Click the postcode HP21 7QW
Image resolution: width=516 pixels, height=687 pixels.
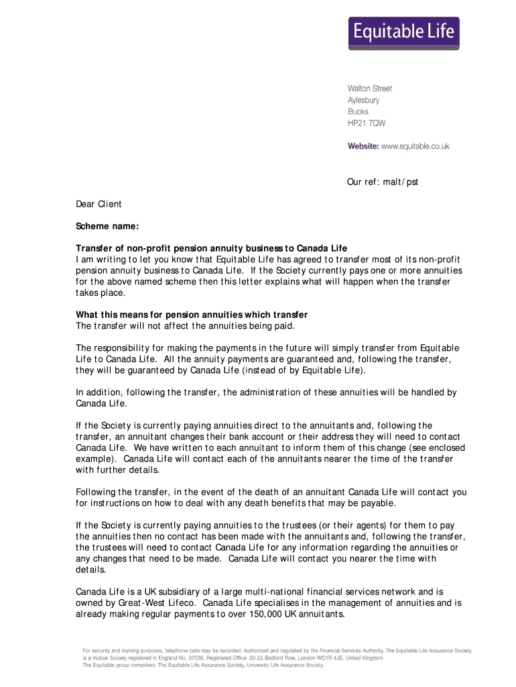[x=366, y=124]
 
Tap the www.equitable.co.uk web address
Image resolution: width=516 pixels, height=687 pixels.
[x=415, y=146]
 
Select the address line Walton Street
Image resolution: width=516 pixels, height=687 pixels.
[x=369, y=89]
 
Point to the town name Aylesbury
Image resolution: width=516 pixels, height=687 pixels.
[x=363, y=100]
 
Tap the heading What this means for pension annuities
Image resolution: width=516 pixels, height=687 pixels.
[x=192, y=315]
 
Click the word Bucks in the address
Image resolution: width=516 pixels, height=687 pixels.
[x=358, y=112]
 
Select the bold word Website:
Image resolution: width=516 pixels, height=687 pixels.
[x=363, y=146]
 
